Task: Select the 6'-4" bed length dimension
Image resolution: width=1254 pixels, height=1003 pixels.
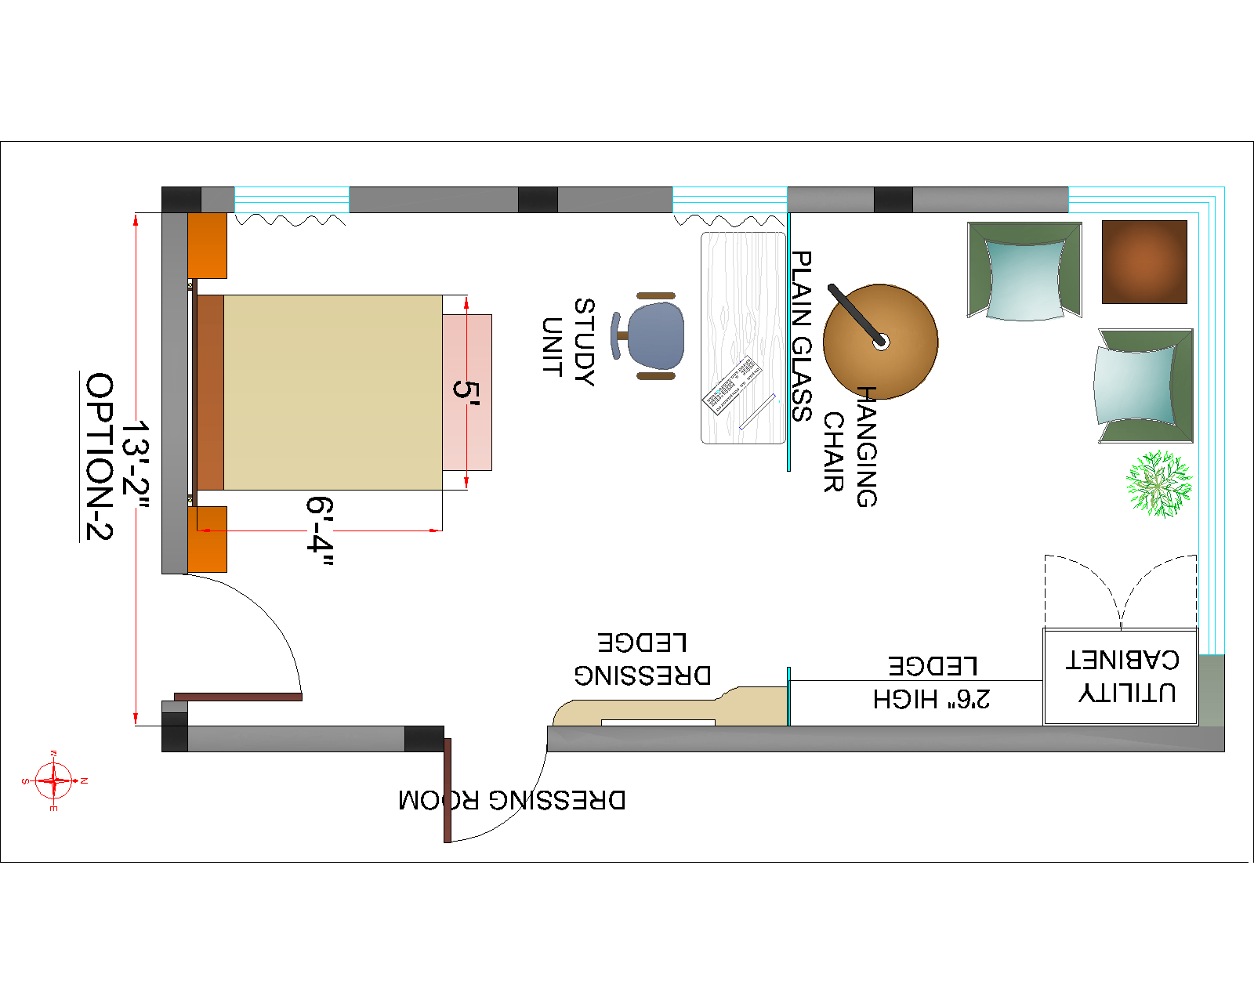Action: point(320,534)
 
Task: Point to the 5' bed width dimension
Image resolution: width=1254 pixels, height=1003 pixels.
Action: point(466,390)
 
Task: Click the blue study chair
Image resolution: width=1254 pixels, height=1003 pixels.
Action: point(655,336)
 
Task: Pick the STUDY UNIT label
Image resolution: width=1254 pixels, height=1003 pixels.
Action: point(568,341)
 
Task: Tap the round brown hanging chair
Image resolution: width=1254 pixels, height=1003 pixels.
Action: point(881,342)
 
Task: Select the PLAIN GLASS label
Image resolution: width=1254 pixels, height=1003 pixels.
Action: point(801,336)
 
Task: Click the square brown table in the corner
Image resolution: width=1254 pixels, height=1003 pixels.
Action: point(1144,262)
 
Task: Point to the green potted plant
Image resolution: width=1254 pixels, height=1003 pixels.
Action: point(1158,483)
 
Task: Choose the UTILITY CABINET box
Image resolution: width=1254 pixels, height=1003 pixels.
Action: point(1121,675)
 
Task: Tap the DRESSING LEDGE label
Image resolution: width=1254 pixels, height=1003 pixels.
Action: point(643,659)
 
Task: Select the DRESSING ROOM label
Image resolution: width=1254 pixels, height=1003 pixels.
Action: point(512,800)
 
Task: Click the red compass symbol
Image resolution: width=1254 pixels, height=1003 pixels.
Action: point(54,781)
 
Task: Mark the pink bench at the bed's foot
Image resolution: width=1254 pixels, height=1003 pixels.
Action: point(467,392)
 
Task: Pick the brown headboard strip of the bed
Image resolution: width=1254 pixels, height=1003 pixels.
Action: point(210,392)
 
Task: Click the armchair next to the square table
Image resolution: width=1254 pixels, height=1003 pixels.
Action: point(1024,271)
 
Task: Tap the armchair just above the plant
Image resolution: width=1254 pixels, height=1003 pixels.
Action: point(1145,386)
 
